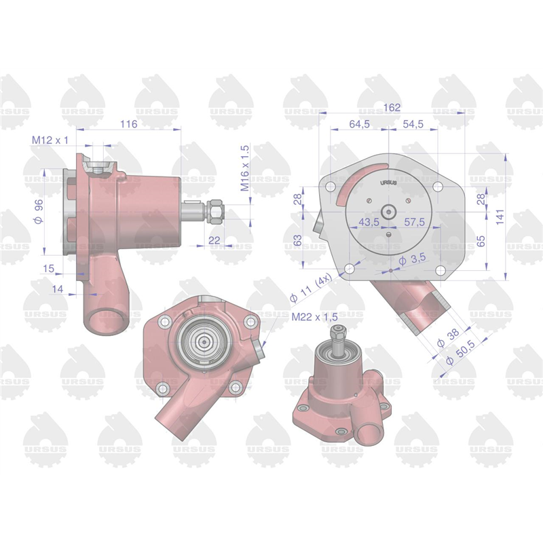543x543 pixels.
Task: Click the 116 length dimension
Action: click(x=128, y=124)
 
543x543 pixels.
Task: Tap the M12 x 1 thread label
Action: click(x=50, y=141)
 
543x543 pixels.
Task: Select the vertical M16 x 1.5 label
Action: click(x=245, y=168)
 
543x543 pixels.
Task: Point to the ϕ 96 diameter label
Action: click(x=39, y=212)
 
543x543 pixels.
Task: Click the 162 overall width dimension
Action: click(x=392, y=108)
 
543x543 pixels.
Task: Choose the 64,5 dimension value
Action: click(x=360, y=124)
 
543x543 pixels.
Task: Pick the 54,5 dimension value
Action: click(x=413, y=124)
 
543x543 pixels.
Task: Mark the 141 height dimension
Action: click(x=500, y=217)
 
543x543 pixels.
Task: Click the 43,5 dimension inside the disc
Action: click(x=369, y=222)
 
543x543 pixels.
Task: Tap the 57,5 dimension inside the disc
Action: click(x=415, y=222)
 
